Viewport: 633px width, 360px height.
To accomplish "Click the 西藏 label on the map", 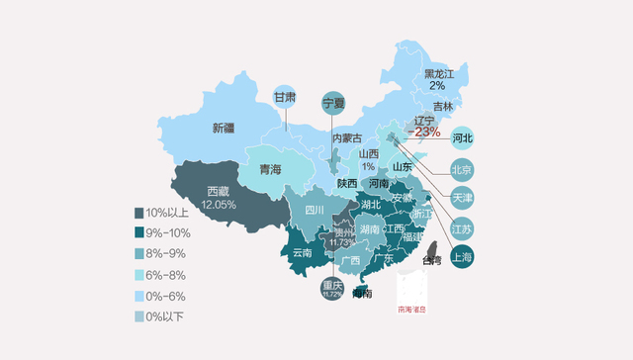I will pyautogui.click(x=219, y=191).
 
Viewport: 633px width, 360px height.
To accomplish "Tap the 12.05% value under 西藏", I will pyautogui.click(x=219, y=205).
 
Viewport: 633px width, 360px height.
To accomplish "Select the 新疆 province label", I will pyautogui.click(x=224, y=128).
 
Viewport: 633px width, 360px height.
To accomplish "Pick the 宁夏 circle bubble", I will pyautogui.click(x=334, y=102).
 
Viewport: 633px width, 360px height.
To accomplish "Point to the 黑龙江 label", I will pyautogui.click(x=441, y=73).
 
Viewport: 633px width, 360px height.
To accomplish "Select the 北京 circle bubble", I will pyautogui.click(x=462, y=167).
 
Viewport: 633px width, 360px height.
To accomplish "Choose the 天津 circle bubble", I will pyautogui.click(x=462, y=198).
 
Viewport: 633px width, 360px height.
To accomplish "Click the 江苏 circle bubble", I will pyautogui.click(x=462, y=228).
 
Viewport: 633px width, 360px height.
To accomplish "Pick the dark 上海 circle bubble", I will pyautogui.click(x=461, y=257).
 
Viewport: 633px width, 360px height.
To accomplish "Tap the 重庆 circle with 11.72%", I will pyautogui.click(x=331, y=290).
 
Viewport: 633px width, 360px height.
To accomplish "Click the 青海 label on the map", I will pyautogui.click(x=270, y=170).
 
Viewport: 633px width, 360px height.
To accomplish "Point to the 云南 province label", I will pyautogui.click(x=303, y=252).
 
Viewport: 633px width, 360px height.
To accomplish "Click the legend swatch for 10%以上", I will pyautogui.click(x=138, y=213).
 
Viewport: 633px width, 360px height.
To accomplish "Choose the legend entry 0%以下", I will pyautogui.click(x=138, y=316).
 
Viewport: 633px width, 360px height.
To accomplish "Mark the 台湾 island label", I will pyautogui.click(x=432, y=261).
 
